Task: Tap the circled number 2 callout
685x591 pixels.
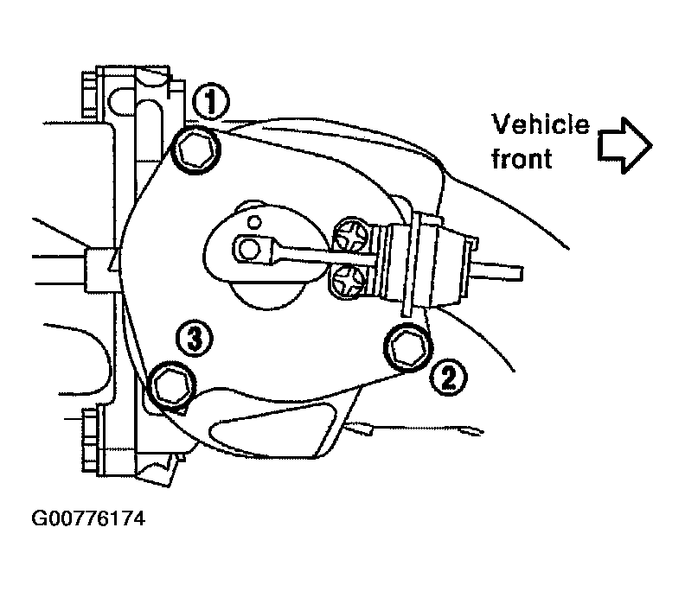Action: point(449,378)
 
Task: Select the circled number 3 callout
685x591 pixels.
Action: point(195,339)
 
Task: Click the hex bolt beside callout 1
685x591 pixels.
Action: point(195,149)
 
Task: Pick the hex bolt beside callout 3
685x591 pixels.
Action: point(170,385)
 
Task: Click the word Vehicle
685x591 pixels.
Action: point(541,124)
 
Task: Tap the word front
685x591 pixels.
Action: point(522,158)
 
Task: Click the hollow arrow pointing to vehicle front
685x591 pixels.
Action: point(624,145)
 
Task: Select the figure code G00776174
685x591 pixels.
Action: point(88,518)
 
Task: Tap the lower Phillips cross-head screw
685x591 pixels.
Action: point(348,282)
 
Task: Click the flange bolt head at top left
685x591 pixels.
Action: point(89,96)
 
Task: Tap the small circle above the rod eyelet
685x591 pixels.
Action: point(253,222)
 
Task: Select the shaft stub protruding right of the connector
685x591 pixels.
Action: point(496,272)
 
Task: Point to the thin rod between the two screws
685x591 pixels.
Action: point(323,257)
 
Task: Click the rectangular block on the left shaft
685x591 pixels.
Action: point(101,270)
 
